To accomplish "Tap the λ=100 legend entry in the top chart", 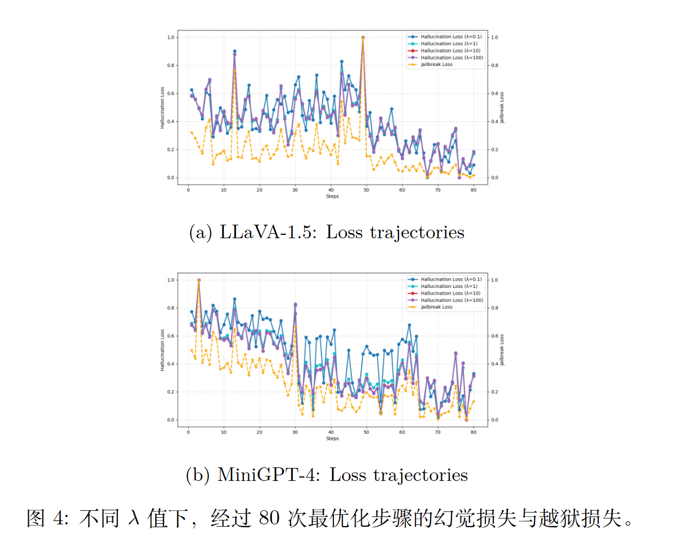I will [446, 58].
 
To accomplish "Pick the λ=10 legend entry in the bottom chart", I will [446, 293].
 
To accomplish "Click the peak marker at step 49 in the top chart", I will [362, 37].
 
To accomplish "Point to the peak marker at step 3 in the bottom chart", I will [199, 280].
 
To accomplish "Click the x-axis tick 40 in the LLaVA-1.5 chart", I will [331, 190].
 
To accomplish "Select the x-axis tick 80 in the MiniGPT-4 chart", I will [473, 432].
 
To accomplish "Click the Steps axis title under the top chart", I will [332, 196].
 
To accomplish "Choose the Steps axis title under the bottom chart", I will [332, 439].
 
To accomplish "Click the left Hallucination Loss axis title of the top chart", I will [162, 107].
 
